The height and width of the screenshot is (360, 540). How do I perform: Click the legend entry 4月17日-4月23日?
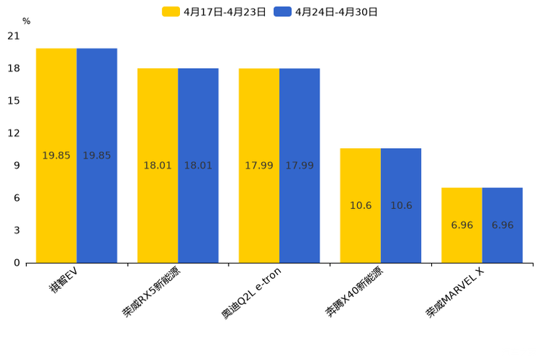tap(215, 12)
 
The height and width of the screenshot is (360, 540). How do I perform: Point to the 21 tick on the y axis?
tap(14, 36)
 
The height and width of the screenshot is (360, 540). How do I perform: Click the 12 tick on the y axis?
tap(14, 133)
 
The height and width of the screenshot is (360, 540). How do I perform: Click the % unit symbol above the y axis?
tap(26, 22)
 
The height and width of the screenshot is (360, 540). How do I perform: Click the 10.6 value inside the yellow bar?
tap(361, 205)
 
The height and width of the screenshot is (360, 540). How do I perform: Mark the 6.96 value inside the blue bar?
tap(502, 225)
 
